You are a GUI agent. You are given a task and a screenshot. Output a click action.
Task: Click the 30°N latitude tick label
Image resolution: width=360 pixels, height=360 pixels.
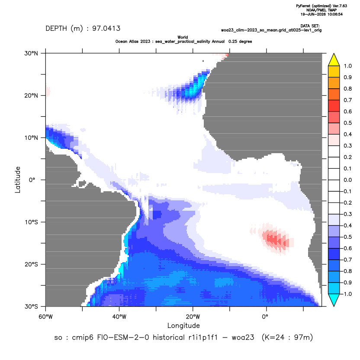[x=31, y=53]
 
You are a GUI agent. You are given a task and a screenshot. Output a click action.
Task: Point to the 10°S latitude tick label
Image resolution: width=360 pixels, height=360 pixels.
[x=31, y=222]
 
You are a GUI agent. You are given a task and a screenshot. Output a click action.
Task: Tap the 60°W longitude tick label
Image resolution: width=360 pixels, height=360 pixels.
[x=45, y=317]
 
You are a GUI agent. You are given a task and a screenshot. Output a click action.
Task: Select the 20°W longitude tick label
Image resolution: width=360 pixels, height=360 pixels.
[x=193, y=317]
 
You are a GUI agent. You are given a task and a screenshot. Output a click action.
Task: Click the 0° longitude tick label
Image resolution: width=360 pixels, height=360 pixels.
[x=265, y=317]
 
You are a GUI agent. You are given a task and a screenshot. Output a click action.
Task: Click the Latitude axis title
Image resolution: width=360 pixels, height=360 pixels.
[x=17, y=180]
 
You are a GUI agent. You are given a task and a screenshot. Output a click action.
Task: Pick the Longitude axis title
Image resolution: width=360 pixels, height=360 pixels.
[x=183, y=325]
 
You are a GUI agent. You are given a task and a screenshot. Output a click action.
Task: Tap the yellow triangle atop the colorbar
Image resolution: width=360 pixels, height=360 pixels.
[x=334, y=60]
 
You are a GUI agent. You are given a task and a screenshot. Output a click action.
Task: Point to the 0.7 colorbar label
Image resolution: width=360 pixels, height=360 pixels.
[x=347, y=100]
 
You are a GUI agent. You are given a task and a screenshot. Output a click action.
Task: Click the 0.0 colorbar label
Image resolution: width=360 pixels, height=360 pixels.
[x=347, y=180]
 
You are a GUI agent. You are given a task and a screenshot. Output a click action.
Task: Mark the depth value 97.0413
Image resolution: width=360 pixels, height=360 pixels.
[x=106, y=29]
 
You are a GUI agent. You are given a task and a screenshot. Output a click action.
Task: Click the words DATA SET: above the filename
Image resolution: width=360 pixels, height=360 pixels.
[x=310, y=26]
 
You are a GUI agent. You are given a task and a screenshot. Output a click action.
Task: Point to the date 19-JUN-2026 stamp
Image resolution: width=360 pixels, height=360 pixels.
[x=313, y=14]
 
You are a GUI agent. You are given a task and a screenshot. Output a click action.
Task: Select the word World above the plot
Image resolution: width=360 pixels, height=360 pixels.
[x=183, y=37]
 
